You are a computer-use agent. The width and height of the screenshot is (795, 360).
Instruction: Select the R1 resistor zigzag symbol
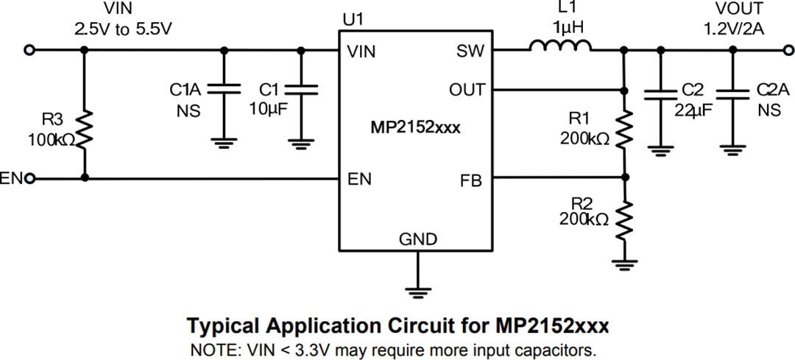click(624, 130)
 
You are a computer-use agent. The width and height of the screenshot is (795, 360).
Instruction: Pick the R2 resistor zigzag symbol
click(624, 218)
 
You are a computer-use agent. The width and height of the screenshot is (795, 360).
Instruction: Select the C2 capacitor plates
click(660, 93)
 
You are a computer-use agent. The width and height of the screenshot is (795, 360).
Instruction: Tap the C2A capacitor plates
click(732, 93)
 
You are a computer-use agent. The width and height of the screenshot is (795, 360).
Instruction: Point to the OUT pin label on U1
click(467, 90)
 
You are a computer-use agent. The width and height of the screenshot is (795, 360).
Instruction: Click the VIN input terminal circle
click(29, 50)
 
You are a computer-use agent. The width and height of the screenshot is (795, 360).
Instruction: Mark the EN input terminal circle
click(29, 178)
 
